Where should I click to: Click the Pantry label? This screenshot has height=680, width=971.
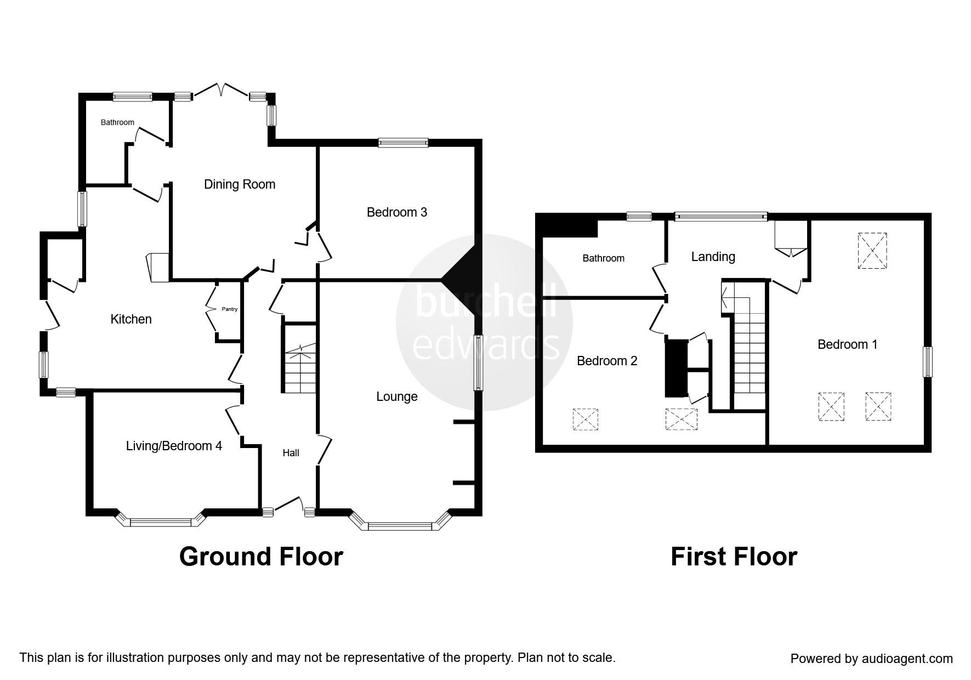[x=229, y=309]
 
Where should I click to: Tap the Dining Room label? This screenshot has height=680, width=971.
[x=240, y=184]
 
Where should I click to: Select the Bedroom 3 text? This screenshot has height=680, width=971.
[x=397, y=212]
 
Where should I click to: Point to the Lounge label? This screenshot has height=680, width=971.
[x=397, y=396]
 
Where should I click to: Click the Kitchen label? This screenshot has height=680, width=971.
[x=131, y=319]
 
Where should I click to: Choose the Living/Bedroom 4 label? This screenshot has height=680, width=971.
[x=174, y=446]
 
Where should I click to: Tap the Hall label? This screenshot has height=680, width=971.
[x=291, y=453]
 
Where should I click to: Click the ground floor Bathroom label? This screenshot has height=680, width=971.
[x=117, y=122]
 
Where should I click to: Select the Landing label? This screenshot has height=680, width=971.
[x=713, y=257]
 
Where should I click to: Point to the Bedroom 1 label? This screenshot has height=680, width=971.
[x=847, y=344]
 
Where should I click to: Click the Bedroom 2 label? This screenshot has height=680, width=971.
[x=607, y=361]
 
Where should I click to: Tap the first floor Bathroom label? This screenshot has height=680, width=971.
[x=603, y=258]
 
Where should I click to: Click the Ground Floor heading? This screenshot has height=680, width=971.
[x=261, y=557]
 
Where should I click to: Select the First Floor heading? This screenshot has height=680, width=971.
[x=734, y=557]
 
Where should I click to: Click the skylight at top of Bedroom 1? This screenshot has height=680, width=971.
[x=872, y=251]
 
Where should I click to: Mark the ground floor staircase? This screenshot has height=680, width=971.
[x=299, y=359]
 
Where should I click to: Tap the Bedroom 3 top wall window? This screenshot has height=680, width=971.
[x=403, y=143]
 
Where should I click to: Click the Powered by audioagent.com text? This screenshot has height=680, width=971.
[x=871, y=659]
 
